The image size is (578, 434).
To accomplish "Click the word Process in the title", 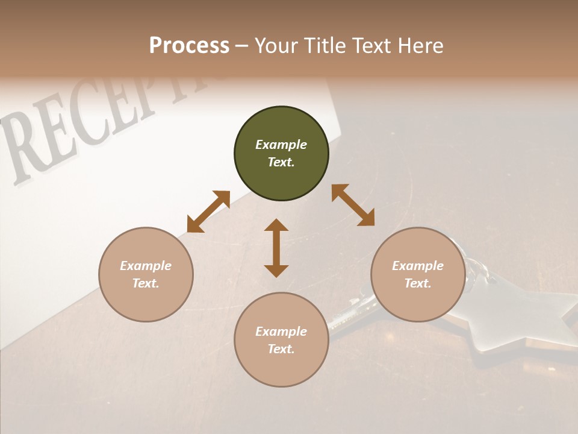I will click(x=189, y=46).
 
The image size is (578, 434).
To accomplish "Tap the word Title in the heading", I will click(x=324, y=46).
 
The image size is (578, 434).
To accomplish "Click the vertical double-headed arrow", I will click(x=276, y=248).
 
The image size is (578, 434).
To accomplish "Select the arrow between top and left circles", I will click(x=208, y=212).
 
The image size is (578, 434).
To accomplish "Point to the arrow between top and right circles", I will click(x=353, y=205).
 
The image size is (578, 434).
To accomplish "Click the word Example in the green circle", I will click(x=281, y=145).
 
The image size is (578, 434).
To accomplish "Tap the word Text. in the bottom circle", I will click(x=281, y=349).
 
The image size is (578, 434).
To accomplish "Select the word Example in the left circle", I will click(x=146, y=266).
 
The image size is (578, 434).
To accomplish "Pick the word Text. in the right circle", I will click(x=418, y=283).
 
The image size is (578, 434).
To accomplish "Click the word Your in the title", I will click(x=274, y=46).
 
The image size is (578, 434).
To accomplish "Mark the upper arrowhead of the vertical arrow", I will click(x=276, y=225).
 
